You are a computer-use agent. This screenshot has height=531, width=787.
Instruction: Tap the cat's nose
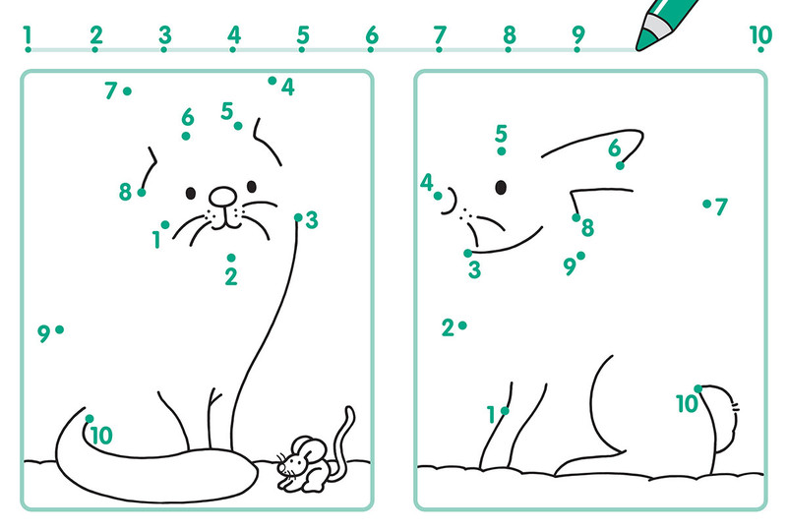coord(223,197)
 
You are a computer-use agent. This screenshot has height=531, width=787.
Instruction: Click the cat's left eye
coord(191,194)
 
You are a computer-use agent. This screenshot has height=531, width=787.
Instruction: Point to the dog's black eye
coord(501,187)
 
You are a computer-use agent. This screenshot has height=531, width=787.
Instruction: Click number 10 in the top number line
coord(760,35)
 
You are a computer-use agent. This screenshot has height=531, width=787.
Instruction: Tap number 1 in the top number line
coord(28,35)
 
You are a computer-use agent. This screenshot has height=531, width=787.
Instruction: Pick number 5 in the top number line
coord(303,35)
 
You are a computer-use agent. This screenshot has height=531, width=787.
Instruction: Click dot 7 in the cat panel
coord(128,91)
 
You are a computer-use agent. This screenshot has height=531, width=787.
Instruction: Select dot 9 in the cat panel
coord(59,329)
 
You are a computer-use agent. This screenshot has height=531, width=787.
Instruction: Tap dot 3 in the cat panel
coord(298,217)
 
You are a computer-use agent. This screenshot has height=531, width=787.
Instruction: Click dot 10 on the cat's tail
coord(90,419)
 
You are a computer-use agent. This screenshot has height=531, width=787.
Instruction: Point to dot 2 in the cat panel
coord(231,258)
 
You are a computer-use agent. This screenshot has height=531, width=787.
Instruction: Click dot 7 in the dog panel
coord(706,204)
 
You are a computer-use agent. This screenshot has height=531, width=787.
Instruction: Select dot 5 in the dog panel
coord(502,151)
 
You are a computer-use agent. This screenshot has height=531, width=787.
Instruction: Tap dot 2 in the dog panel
coord(462,325)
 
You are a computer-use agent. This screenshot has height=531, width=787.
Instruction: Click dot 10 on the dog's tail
coord(698,389)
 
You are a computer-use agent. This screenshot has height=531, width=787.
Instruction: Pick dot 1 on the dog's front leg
coord(505,411)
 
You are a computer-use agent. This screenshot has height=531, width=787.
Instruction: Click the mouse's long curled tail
coord(346,432)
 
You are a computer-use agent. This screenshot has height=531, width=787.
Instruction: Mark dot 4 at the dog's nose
coord(438,196)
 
